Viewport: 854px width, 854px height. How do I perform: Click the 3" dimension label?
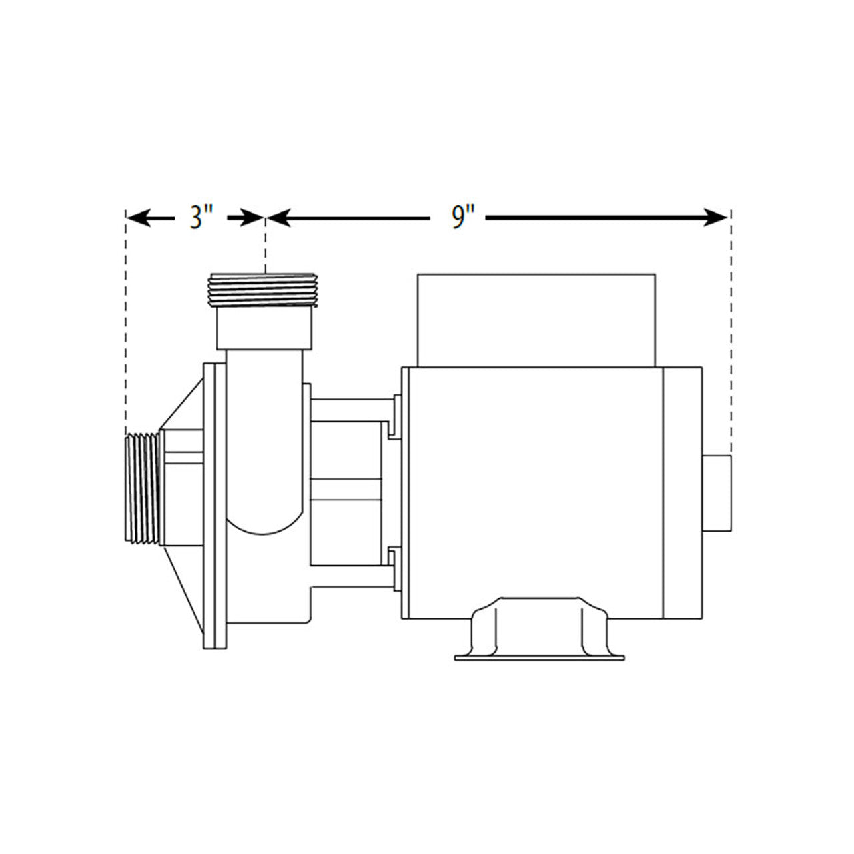(201, 218)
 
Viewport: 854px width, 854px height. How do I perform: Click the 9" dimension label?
(462, 218)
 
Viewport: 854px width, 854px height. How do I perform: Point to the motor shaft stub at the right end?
(717, 493)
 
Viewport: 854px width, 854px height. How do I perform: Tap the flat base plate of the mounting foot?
(539, 658)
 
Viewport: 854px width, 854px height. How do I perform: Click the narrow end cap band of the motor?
(681, 492)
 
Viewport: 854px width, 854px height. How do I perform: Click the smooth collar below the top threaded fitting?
(264, 328)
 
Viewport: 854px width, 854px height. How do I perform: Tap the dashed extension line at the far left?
(125, 320)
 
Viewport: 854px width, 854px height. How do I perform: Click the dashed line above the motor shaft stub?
(731, 334)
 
